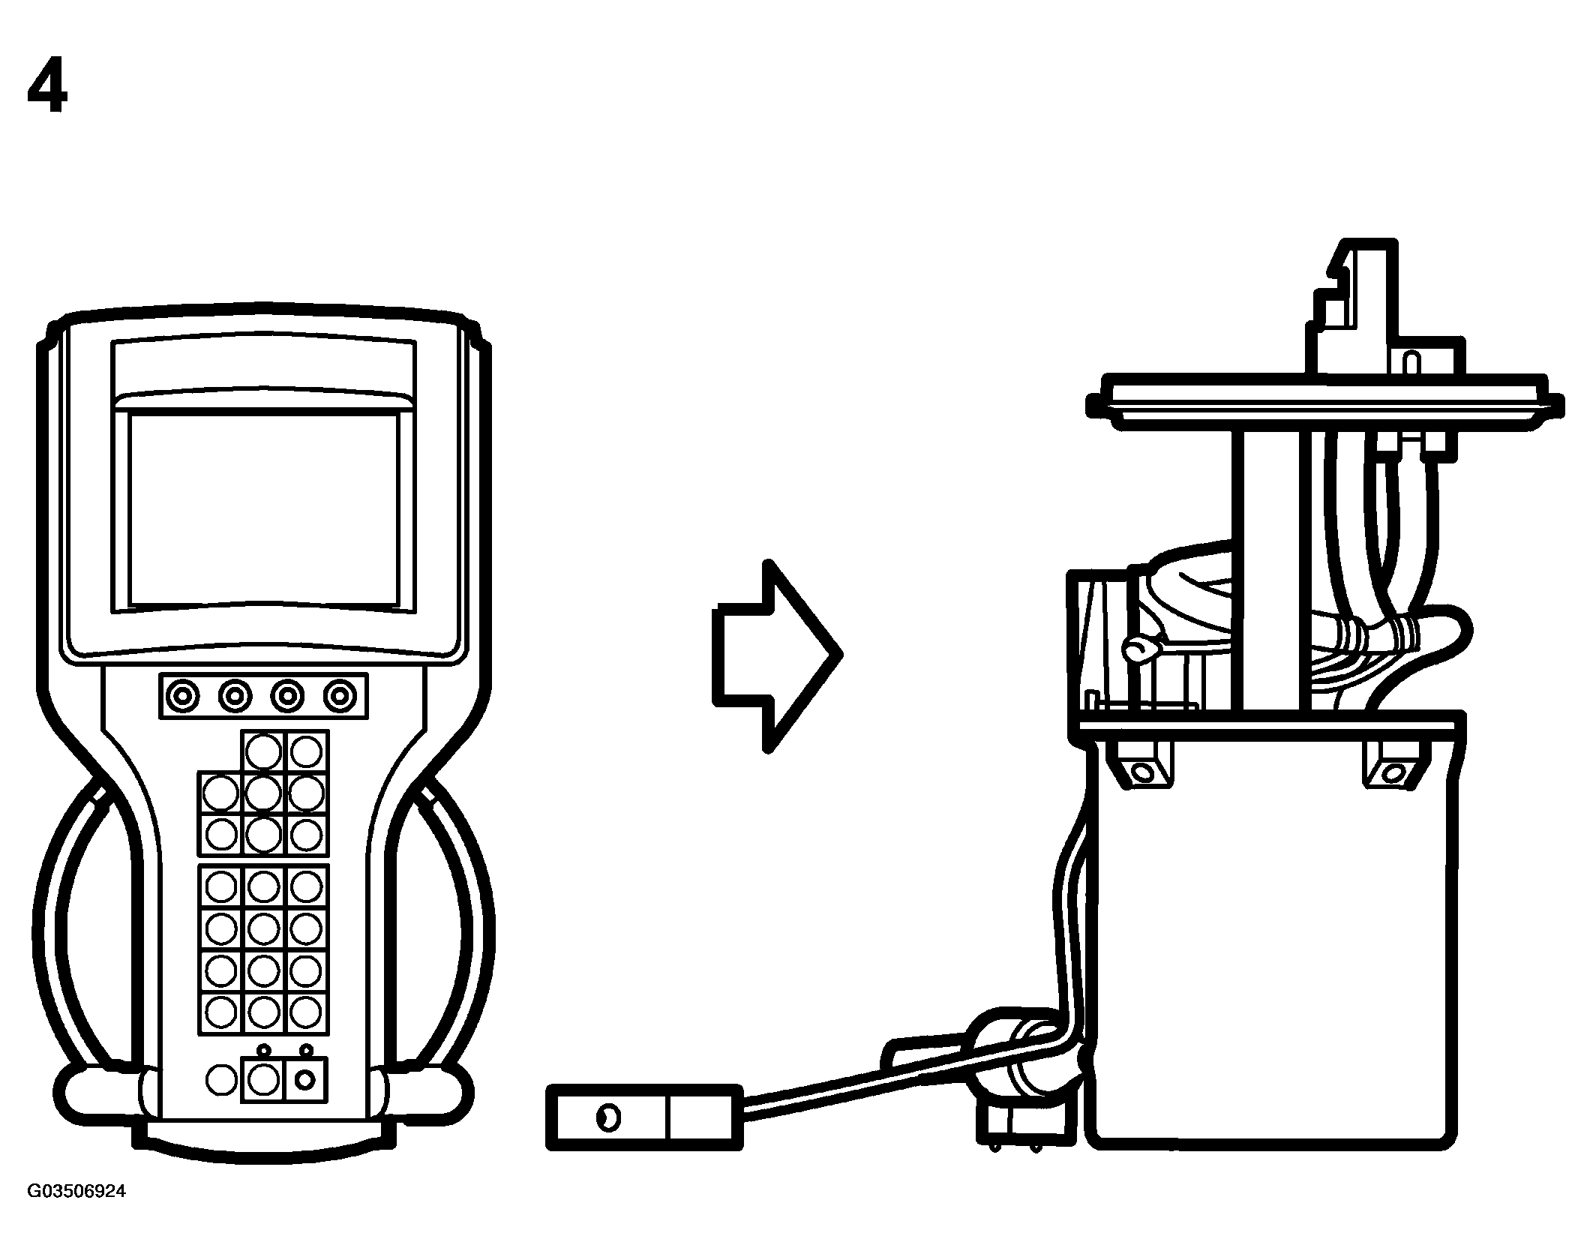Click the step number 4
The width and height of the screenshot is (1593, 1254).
[x=48, y=88]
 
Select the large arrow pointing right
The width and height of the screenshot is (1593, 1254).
[x=777, y=655]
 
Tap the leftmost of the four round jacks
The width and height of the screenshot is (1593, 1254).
[x=182, y=697]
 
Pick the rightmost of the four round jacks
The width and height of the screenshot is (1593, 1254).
[x=340, y=697]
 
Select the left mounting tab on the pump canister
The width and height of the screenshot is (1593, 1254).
[x=1140, y=765]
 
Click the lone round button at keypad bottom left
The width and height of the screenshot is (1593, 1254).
[x=220, y=1080]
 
